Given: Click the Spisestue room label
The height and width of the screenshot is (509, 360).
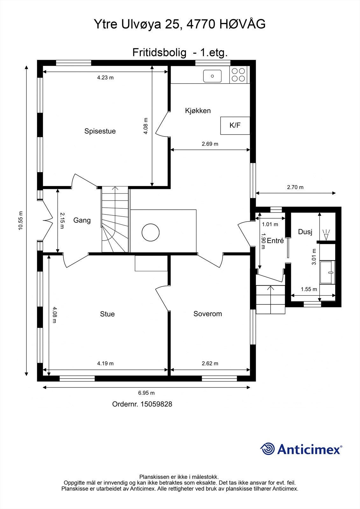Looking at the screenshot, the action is pyautogui.click(x=100, y=131).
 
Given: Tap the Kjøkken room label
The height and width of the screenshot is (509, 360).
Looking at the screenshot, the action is pyautogui.click(x=198, y=111).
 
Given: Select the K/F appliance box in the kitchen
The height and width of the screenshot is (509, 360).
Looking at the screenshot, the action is pyautogui.click(x=235, y=125).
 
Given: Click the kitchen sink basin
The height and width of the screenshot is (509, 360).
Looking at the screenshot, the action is pyautogui.click(x=212, y=76).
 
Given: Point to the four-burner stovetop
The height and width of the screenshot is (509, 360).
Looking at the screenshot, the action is pyautogui.click(x=238, y=75).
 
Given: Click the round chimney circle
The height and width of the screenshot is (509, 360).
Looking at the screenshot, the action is pyautogui.click(x=151, y=232).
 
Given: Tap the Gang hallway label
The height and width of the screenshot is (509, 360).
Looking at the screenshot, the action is pyautogui.click(x=82, y=220).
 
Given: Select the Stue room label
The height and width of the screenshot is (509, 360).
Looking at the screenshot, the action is pyautogui.click(x=107, y=314).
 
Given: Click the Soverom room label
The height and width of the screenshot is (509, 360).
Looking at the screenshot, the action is pyautogui.click(x=208, y=314).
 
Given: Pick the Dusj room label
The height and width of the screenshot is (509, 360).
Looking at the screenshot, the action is pyautogui.click(x=305, y=232).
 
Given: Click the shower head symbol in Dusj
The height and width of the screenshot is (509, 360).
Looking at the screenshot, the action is pyautogui.click(x=326, y=235).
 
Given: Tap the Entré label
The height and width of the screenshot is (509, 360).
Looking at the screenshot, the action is pyautogui.click(x=275, y=241).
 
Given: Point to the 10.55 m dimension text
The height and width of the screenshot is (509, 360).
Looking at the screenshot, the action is pyautogui.click(x=21, y=221).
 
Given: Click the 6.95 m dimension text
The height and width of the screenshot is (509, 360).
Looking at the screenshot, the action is pyautogui.click(x=146, y=393).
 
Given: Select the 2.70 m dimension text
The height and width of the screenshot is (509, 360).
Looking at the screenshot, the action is pyautogui.click(x=295, y=187).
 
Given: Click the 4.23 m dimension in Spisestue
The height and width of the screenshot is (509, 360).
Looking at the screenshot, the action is pyautogui.click(x=105, y=78).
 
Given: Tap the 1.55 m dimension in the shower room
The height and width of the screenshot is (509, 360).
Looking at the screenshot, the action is pyautogui.click(x=309, y=289).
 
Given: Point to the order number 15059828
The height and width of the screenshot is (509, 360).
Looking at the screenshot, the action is pyautogui.click(x=156, y=404).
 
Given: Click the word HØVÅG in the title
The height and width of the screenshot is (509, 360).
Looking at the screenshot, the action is pyautogui.click(x=243, y=24).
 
